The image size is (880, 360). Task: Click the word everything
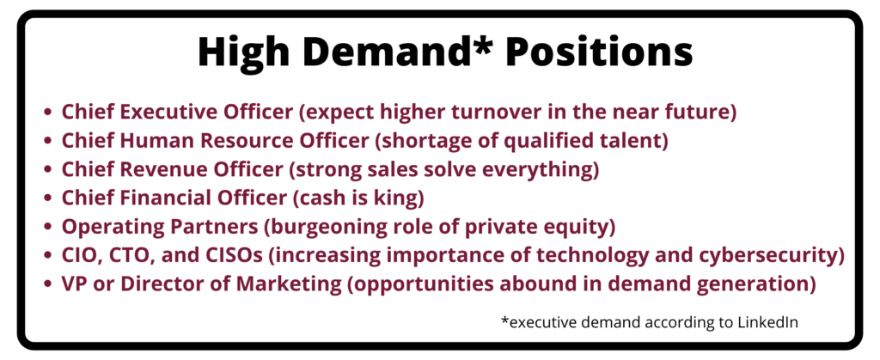click(x=547, y=170)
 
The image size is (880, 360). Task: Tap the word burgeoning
click(x=319, y=228)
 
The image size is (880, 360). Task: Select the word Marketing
click(x=289, y=285)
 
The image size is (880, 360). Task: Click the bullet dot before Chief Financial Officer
click(x=49, y=199)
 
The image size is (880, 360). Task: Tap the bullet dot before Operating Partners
click(x=49, y=228)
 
